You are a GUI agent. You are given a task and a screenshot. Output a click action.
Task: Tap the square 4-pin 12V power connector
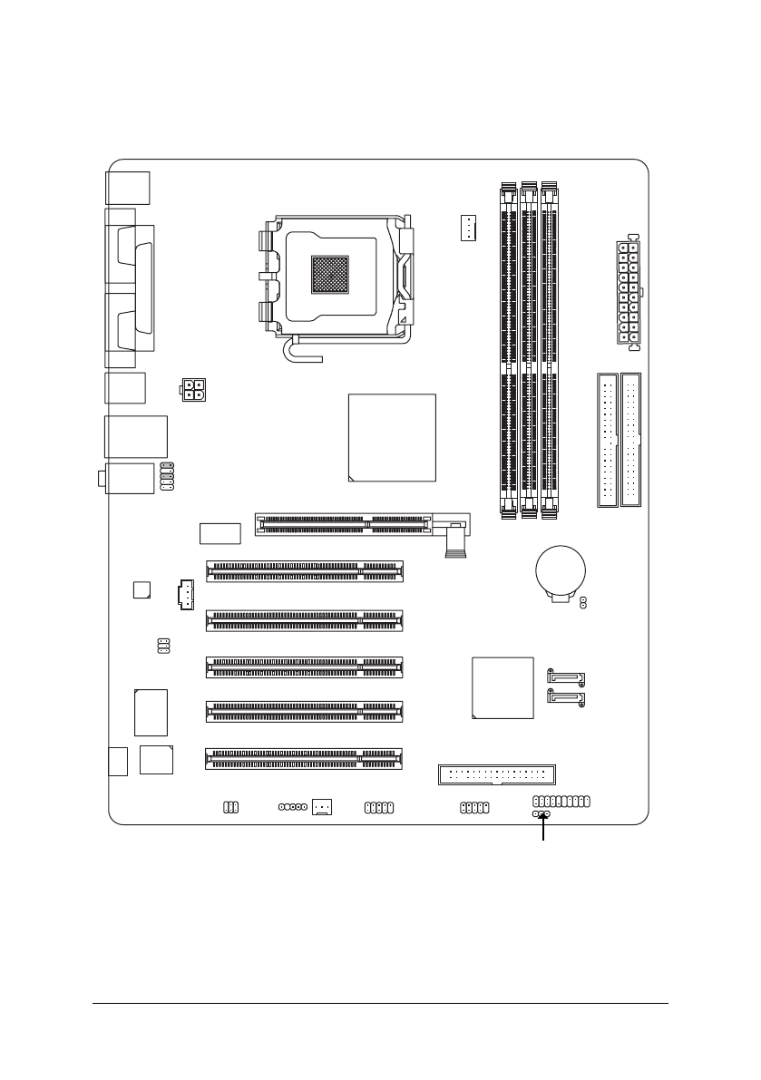(x=192, y=390)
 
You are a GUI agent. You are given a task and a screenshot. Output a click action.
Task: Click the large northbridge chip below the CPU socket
(x=392, y=437)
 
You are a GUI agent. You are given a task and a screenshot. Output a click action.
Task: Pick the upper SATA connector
(x=568, y=676)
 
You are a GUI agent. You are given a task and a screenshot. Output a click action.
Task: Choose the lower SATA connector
(x=568, y=699)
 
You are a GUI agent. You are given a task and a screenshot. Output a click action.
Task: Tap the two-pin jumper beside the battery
(x=583, y=602)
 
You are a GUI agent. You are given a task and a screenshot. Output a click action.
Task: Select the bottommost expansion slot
(x=305, y=758)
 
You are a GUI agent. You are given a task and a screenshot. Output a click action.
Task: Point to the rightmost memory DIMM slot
(x=550, y=349)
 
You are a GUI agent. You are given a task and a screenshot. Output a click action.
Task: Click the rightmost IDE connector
(x=630, y=439)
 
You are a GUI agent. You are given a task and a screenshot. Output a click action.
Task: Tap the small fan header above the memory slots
(x=468, y=229)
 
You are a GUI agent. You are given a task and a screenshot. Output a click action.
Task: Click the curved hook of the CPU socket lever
(x=292, y=352)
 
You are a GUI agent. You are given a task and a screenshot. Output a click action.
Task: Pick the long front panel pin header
(x=561, y=802)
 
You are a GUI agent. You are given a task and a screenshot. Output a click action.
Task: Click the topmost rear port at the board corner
(x=128, y=188)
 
